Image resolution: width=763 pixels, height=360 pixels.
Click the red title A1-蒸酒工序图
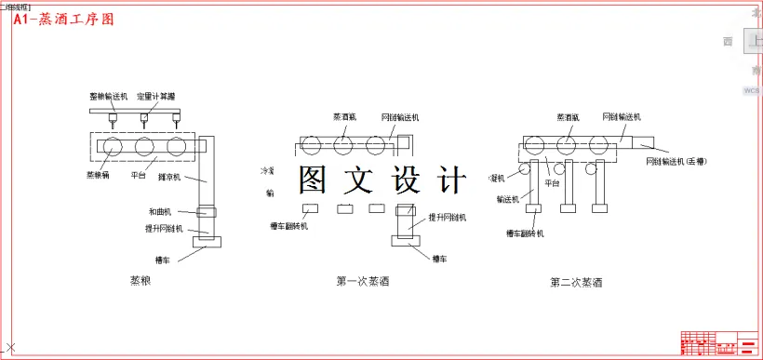tap(64, 18)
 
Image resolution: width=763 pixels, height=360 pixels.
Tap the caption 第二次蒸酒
tap(576, 282)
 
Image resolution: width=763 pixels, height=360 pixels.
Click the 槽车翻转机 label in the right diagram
tap(525, 233)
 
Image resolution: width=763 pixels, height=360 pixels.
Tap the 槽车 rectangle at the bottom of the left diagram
tap(207, 243)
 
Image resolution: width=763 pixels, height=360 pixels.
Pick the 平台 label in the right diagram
tap(552, 184)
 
